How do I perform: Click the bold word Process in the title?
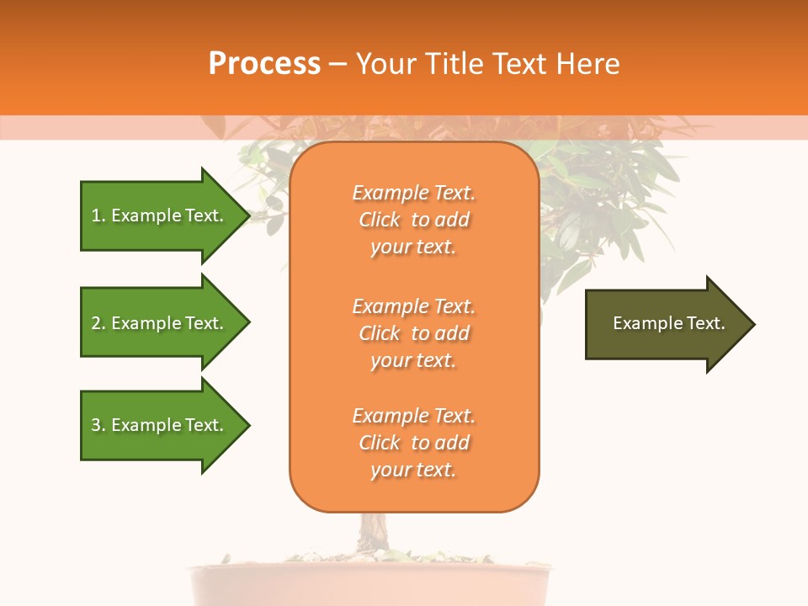tap(264, 64)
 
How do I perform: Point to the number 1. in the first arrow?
tap(98, 215)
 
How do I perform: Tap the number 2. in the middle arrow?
tap(98, 323)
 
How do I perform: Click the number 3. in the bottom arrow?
tap(98, 425)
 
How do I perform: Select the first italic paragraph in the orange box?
tap(413, 220)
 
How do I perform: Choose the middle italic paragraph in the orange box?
tap(413, 333)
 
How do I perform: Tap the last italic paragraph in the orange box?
tap(413, 443)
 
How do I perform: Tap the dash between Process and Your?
tap(338, 64)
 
